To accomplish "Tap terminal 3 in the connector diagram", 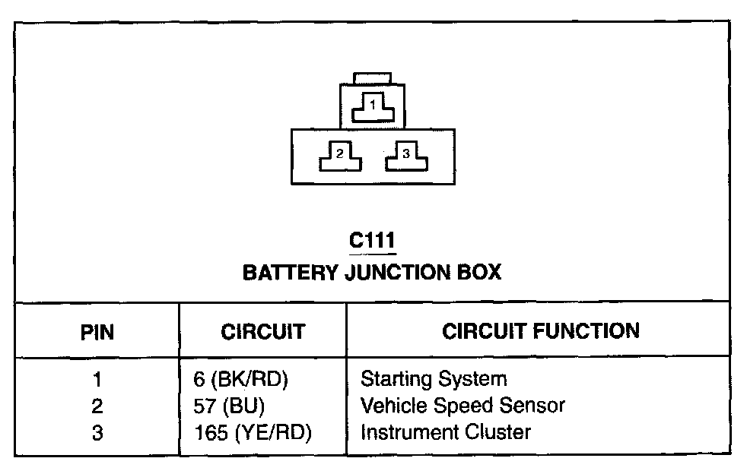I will coord(406,156).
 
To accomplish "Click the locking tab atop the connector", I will coord(373,79).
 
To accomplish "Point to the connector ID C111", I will coord(372,241).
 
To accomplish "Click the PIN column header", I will coord(97,332).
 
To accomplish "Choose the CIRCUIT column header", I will coord(262,332).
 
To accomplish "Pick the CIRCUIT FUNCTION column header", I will coord(541,331).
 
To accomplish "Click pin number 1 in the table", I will coord(97,378).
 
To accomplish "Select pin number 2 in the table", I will coord(97,406).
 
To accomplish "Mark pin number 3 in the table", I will coord(97,433).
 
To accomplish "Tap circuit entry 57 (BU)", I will coord(230,406).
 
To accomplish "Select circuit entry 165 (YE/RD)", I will coord(253,433).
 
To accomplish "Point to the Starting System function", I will coord(433,378).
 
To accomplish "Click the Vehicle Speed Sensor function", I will coord(463,406).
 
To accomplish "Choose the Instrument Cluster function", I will coord(445,433).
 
